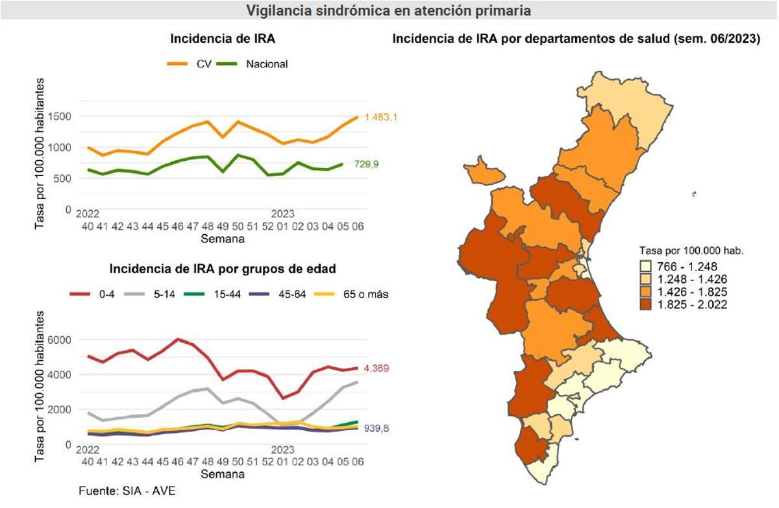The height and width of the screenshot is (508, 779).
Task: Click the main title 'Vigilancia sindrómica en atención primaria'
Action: click(x=388, y=11)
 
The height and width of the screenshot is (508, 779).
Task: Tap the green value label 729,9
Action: click(x=366, y=165)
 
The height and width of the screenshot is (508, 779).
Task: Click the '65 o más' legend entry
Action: click(x=366, y=294)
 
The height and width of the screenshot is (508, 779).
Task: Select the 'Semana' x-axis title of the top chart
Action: click(x=222, y=239)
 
